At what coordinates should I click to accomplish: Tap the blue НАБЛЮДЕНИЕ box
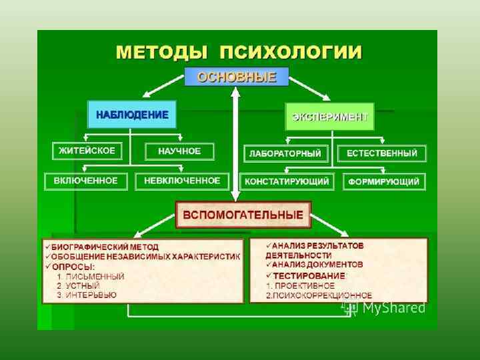pos(132,114)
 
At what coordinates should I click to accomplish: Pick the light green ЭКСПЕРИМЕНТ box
pos(330,117)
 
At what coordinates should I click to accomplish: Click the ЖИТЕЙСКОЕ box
pos(87,151)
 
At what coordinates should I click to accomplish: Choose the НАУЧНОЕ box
pos(179,151)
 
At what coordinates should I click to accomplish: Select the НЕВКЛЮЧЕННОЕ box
pos(182,181)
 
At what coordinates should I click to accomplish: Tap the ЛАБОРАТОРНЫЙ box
pos(285,153)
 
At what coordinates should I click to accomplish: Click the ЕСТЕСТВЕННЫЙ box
pos(381,153)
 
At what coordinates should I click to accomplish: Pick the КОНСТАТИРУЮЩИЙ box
pos(287,181)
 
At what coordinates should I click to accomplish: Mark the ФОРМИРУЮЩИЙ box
pos(385,181)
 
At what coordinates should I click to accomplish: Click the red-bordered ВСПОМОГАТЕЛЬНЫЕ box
pos(243,215)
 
